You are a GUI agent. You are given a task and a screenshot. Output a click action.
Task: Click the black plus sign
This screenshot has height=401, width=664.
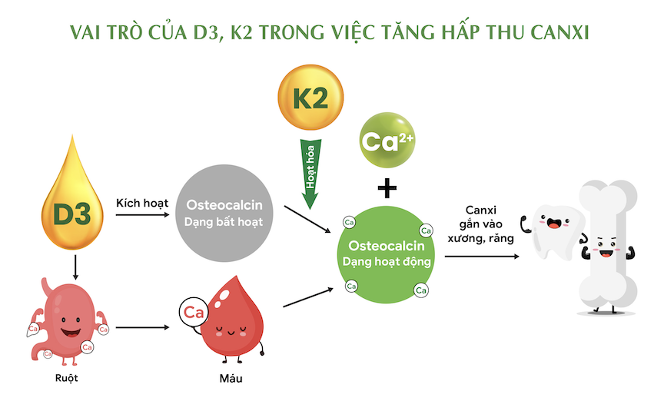click(388, 187)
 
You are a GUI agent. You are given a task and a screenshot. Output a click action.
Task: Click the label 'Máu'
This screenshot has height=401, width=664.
click(232, 378)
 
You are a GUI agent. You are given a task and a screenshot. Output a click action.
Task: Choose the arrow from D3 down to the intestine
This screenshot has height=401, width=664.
click(75, 266)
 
